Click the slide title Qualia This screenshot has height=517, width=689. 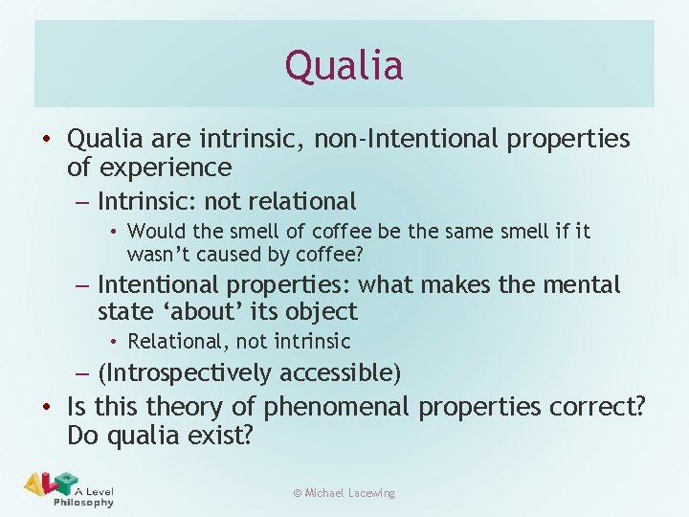pos(344,65)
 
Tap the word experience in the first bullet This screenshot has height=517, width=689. pos(165,168)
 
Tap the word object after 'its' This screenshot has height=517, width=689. pos(321,311)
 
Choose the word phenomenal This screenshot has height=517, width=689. pos(338,407)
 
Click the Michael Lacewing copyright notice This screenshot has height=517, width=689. pos(344,493)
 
